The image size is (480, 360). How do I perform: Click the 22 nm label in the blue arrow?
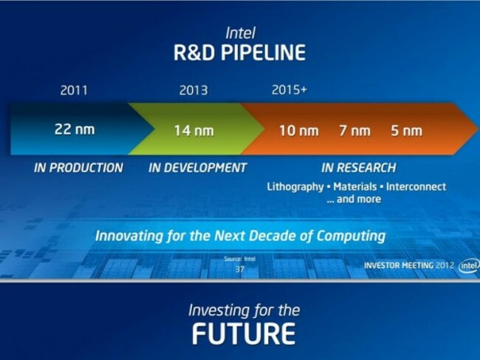[75, 129]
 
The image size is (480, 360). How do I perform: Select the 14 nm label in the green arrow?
[193, 131]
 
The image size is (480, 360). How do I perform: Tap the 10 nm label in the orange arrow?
[299, 131]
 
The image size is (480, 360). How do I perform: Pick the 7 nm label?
[354, 131]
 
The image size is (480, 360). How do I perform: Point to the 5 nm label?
[407, 131]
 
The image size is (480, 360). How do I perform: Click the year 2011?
[74, 90]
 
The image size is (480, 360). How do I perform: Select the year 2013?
[193, 90]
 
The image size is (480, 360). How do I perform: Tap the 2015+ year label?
[289, 89]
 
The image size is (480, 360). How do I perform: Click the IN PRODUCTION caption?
[79, 168]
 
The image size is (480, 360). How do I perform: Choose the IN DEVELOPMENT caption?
[197, 168]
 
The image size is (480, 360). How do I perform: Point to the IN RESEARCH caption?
[359, 168]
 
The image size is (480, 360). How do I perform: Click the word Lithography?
[295, 187]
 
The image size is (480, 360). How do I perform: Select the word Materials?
[355, 186]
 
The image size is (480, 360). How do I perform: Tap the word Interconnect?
[416, 186]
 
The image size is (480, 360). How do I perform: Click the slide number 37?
[240, 269]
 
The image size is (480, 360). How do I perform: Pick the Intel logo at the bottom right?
[469, 265]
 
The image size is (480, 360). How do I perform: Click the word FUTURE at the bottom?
[244, 333]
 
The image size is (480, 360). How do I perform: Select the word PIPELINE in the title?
[264, 52]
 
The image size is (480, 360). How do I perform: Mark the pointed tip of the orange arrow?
[479, 128]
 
